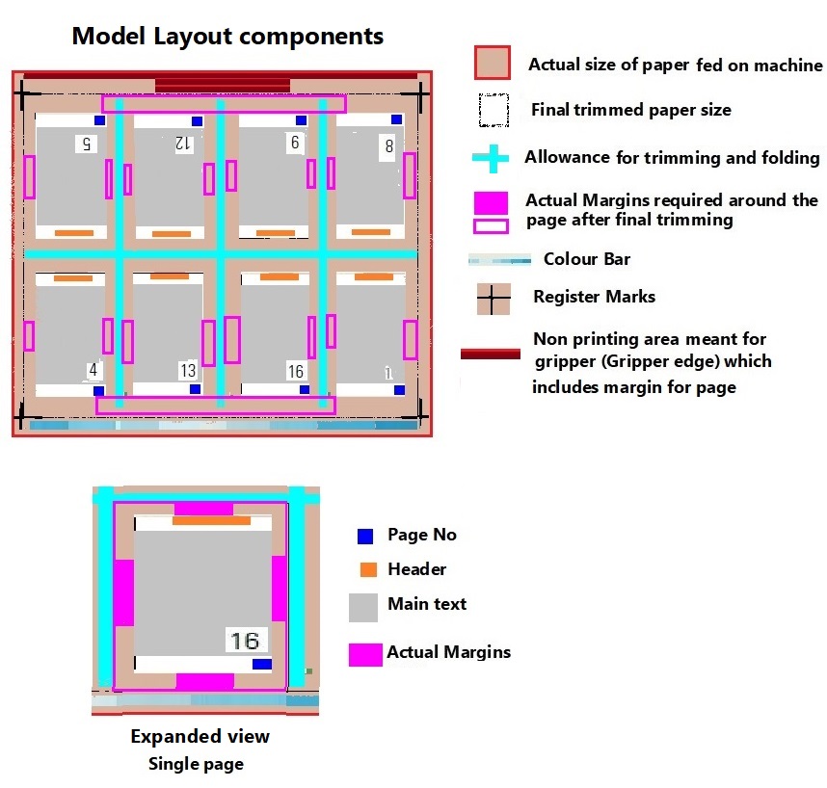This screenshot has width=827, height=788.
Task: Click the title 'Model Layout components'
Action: pyautogui.click(x=227, y=37)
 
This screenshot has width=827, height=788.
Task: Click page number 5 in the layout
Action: pyautogui.click(x=86, y=144)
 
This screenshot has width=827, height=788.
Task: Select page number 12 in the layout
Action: pyautogui.click(x=183, y=144)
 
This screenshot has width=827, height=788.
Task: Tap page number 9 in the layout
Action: pyautogui.click(x=294, y=143)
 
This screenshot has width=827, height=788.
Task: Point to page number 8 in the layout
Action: pyautogui.click(x=388, y=146)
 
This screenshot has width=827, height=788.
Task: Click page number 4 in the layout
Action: pyautogui.click(x=93, y=369)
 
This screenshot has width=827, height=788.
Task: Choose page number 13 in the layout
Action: pyautogui.click(x=188, y=371)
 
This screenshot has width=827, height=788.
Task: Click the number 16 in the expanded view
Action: pyautogui.click(x=244, y=640)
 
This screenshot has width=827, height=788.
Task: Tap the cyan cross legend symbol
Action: pyautogui.click(x=493, y=158)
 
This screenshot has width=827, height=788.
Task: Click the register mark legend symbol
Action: pyautogui.click(x=493, y=300)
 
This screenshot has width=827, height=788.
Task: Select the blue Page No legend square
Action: pyautogui.click(x=365, y=537)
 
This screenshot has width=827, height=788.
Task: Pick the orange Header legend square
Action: pyautogui.click(x=367, y=569)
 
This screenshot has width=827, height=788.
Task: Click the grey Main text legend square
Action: pyautogui.click(x=363, y=607)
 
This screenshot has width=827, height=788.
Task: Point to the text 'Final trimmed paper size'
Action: pyautogui.click(x=630, y=110)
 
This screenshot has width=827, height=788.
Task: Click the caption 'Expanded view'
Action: pyautogui.click(x=200, y=737)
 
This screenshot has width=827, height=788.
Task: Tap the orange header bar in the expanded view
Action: pyautogui.click(x=211, y=520)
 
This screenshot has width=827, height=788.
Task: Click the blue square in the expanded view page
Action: pyautogui.click(x=261, y=664)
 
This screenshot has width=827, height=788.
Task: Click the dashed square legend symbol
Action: pyautogui.click(x=494, y=111)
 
